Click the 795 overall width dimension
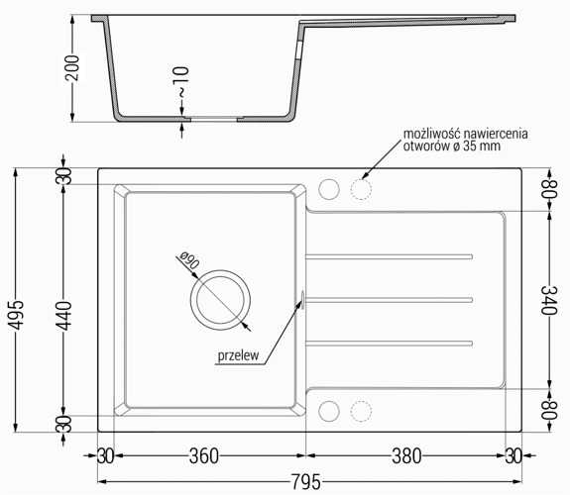point(305,482)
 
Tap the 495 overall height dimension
point(17,315)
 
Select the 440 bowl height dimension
point(65,316)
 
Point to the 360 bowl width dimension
point(204,456)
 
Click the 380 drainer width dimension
point(406,456)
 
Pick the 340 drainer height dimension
point(548,300)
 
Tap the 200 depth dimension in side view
point(72,68)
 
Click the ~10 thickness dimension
point(182,82)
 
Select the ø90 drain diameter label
point(189,259)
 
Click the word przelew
point(238,355)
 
